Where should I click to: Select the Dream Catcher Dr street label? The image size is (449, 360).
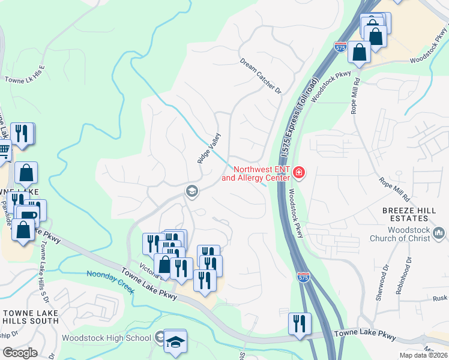pyautogui.click(x=261, y=76)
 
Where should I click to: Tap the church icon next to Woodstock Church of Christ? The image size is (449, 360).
pyautogui.click(x=439, y=232)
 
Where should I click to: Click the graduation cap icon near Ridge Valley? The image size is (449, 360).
pyautogui.click(x=192, y=192)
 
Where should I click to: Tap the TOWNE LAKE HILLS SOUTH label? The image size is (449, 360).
pyautogui.click(x=30, y=319)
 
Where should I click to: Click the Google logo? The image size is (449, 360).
pyautogui.click(x=20, y=353)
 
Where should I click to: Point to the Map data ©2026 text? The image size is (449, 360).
pyautogui.click(x=423, y=355)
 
